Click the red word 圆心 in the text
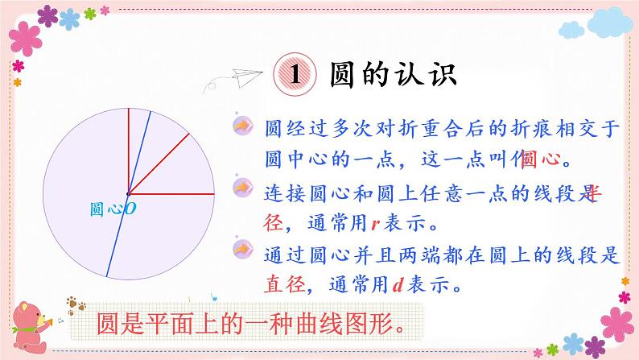tap(539, 157)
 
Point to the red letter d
tap(397, 283)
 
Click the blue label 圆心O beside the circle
tap(112, 209)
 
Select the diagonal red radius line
tap(159, 163)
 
